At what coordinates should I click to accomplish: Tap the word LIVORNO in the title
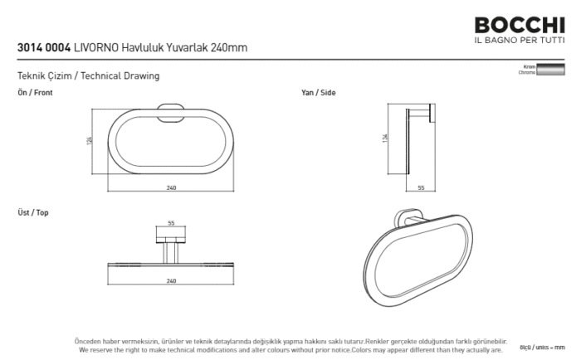[96, 49]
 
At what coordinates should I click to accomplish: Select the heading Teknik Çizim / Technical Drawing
[88, 76]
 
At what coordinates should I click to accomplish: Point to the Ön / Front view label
[35, 93]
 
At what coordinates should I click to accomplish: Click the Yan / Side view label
[319, 93]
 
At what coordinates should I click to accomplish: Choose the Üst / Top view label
[33, 213]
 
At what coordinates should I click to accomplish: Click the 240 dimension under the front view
[171, 188]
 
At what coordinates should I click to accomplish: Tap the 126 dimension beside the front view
[90, 142]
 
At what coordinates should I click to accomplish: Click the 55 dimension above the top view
[171, 223]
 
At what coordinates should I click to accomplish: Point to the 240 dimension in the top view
[171, 281]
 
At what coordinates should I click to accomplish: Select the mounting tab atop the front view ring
[170, 106]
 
